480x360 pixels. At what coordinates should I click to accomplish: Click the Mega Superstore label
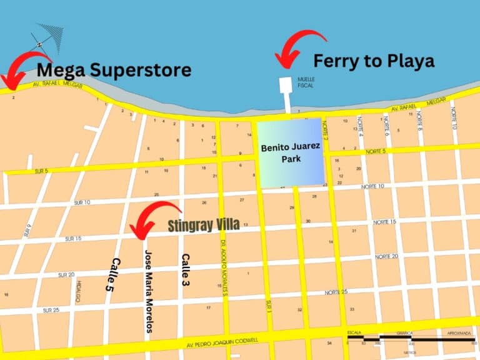click(x=114, y=70)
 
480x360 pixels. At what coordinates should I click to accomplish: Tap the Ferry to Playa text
click(x=373, y=61)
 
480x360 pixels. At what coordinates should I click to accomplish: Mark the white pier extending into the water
click(x=287, y=93)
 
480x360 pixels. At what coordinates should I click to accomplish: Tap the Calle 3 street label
click(x=185, y=269)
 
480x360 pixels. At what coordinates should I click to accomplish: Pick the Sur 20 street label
click(x=66, y=274)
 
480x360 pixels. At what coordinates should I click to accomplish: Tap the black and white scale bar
click(x=409, y=339)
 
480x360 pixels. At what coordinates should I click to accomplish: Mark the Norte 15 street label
click(x=386, y=222)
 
